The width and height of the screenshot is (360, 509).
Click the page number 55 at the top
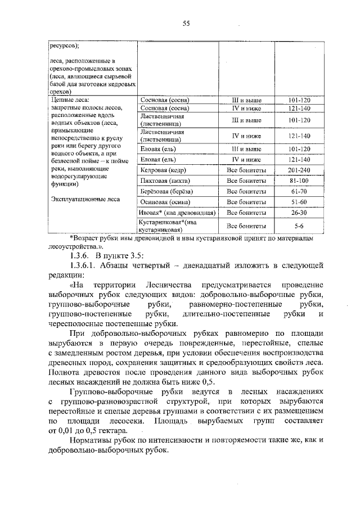point(186,23)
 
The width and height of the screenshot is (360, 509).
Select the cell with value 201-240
point(299,170)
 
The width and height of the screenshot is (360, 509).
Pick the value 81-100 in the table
point(299,181)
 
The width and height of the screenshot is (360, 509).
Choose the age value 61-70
point(299,191)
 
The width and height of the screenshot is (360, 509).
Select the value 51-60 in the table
point(299,202)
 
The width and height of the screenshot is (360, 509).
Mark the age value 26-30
point(299,213)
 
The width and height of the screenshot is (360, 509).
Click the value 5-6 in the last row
point(299,226)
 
